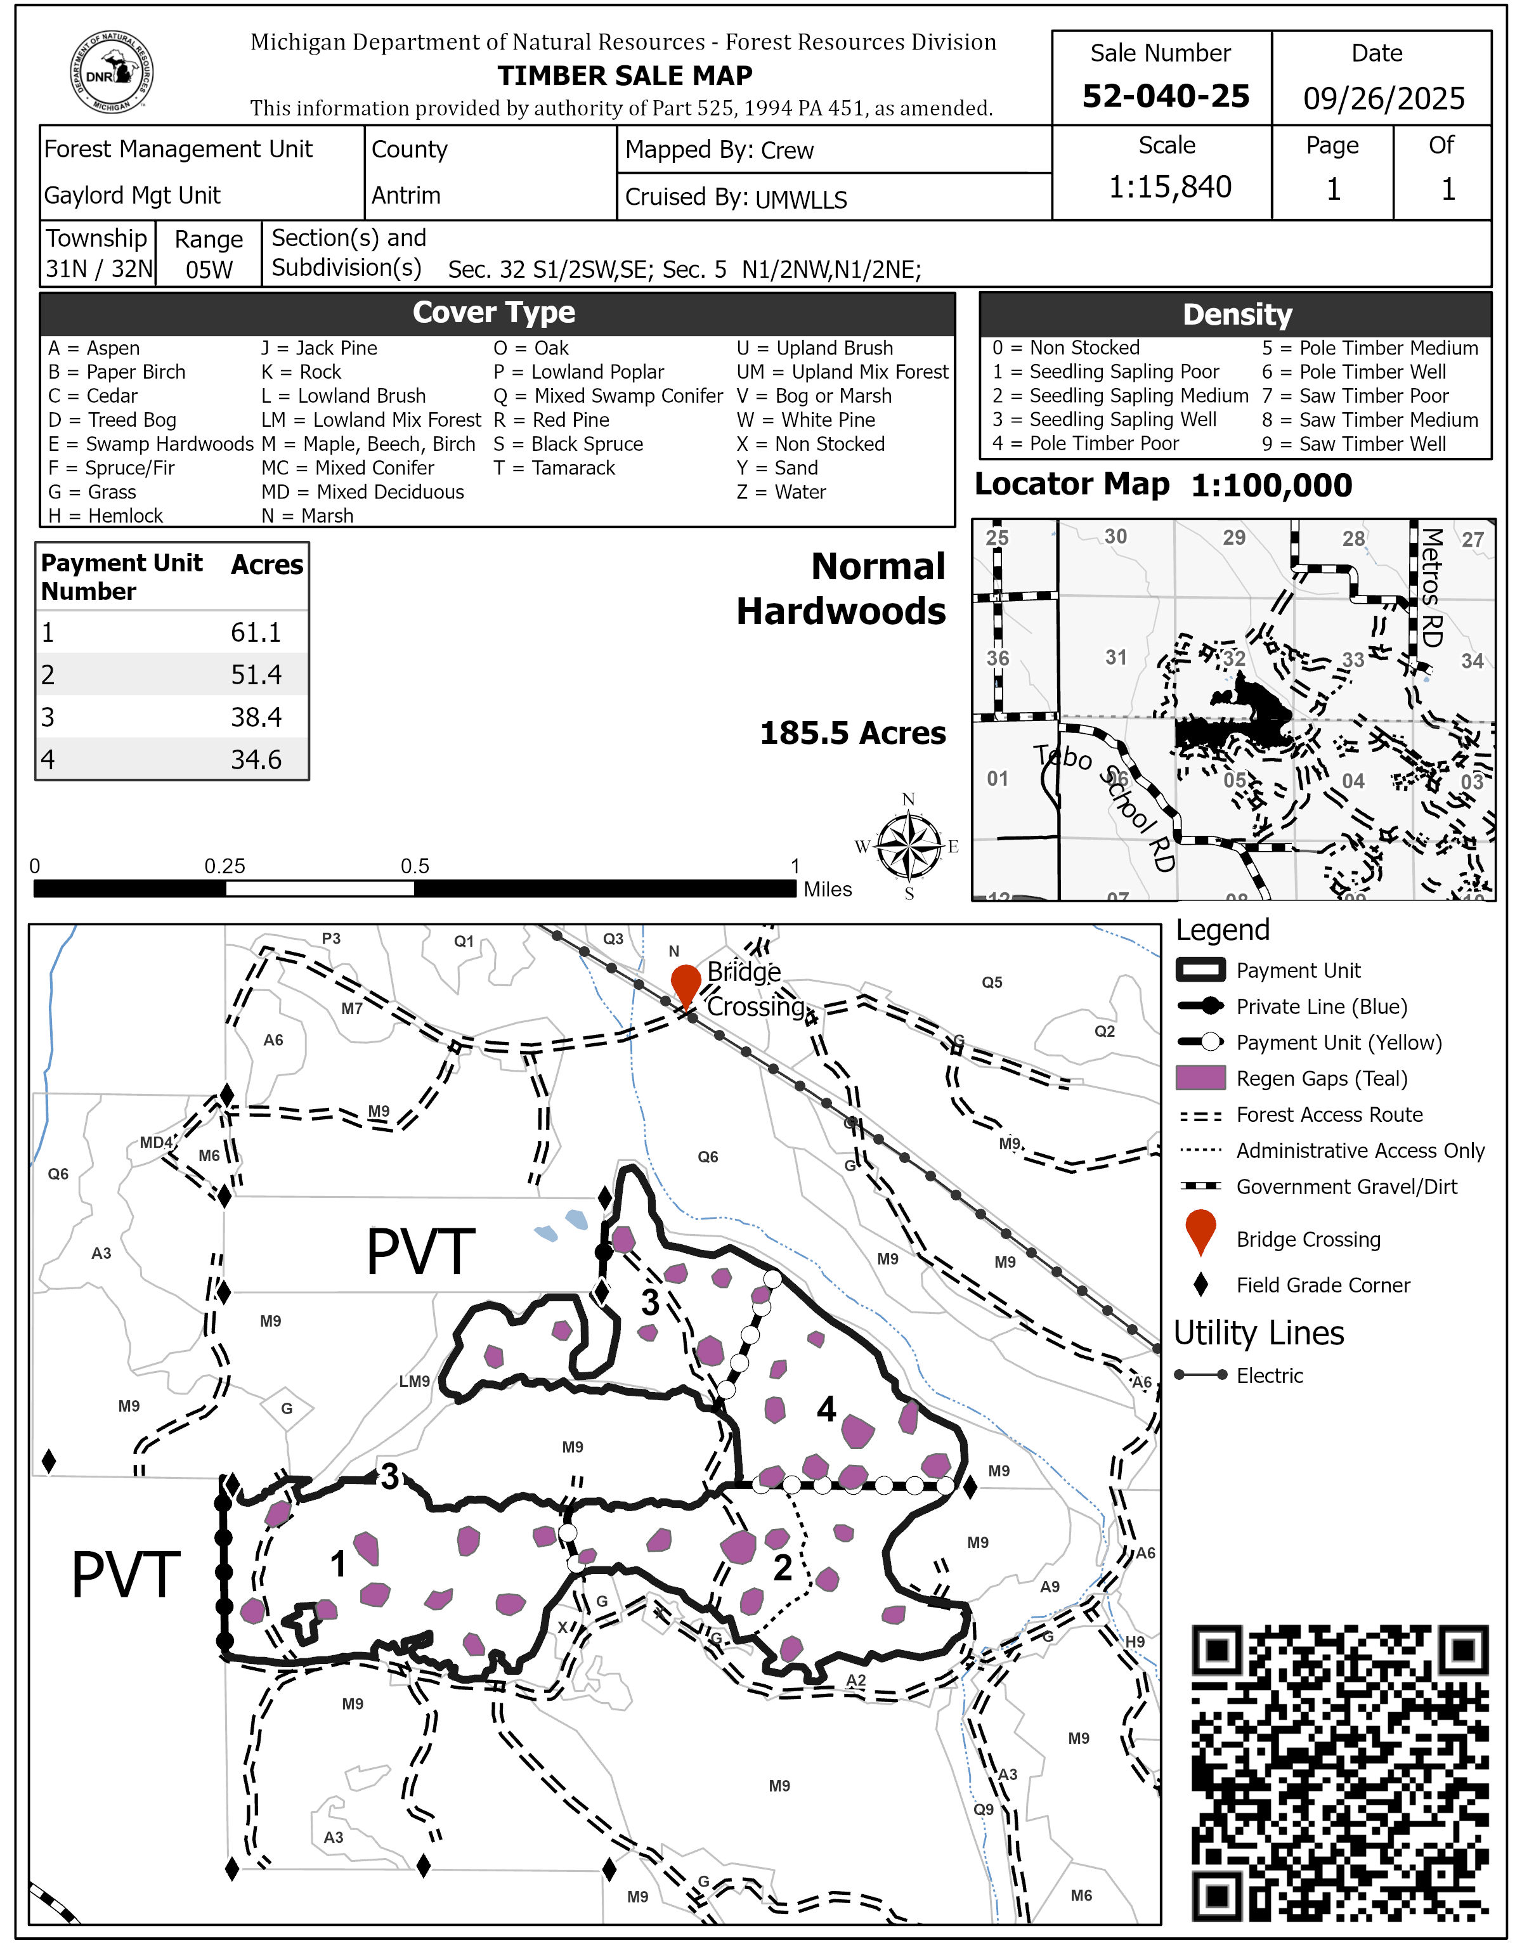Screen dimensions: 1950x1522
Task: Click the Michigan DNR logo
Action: click(112, 72)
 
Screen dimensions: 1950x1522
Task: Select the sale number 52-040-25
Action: click(1165, 96)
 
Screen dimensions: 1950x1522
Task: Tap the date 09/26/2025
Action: click(1382, 97)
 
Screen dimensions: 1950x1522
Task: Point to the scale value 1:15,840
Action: click(1169, 186)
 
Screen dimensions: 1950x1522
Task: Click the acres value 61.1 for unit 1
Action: click(256, 632)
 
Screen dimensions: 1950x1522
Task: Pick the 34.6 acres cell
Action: click(256, 759)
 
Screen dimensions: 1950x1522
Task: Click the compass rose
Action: click(908, 845)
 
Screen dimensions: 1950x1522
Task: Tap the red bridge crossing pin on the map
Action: click(685, 985)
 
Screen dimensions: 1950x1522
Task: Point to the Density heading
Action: click(1237, 315)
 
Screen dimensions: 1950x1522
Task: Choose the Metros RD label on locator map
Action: click(1431, 587)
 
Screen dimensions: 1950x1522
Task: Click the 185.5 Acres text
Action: click(852, 733)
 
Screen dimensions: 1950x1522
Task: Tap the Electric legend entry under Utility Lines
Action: click(1268, 1376)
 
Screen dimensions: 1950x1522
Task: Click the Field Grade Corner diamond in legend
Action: click(1200, 1285)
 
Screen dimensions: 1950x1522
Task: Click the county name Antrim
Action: click(405, 195)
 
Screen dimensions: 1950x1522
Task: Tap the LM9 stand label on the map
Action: click(414, 1381)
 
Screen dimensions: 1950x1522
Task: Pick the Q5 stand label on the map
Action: click(992, 982)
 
